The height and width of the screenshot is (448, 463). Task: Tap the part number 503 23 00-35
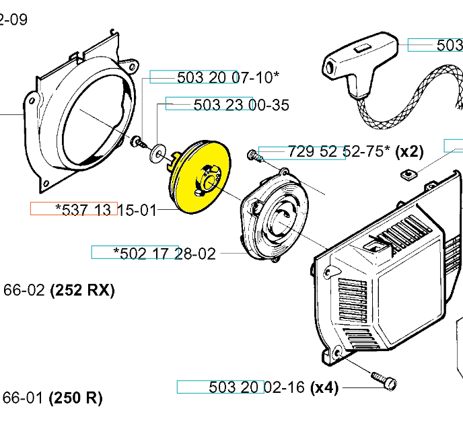point(241,105)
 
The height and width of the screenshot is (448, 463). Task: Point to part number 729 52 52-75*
point(339,151)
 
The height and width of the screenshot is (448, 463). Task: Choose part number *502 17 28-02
point(165,254)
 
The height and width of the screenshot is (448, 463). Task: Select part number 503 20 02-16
point(258,387)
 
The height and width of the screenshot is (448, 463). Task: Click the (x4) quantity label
point(324,387)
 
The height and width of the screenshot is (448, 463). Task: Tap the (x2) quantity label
point(409,151)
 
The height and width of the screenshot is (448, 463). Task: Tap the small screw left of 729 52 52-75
point(252,155)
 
